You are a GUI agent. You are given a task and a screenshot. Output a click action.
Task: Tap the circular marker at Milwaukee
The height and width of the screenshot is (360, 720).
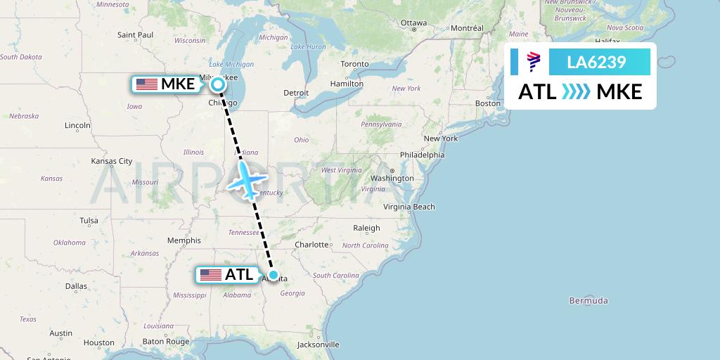218,85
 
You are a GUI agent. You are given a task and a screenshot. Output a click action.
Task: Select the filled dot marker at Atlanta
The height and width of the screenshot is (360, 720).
273,276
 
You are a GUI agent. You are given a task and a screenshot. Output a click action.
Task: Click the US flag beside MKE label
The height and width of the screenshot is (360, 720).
147,84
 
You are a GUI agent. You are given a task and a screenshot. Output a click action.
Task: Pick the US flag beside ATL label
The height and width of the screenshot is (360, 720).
210,275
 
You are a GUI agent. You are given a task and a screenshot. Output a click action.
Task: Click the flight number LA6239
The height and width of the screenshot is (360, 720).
596,63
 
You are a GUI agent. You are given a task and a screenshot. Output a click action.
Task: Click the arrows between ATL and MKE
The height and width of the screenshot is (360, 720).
577,92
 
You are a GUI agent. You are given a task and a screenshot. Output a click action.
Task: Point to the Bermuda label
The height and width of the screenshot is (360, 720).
589,301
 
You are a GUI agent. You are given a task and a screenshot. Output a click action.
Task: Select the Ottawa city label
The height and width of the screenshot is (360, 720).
413,22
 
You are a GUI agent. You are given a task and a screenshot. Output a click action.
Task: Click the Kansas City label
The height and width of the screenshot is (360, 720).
112,161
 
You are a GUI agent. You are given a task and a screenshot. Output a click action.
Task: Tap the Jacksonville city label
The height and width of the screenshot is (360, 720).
318,345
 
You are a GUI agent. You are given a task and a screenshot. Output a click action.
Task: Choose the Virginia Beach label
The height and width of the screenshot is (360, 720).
409,207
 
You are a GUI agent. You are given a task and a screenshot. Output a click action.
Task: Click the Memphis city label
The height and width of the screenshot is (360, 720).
184,240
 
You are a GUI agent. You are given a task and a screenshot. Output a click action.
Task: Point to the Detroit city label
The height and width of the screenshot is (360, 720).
296,93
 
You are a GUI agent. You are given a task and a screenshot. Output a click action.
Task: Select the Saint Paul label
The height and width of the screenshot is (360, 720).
136,34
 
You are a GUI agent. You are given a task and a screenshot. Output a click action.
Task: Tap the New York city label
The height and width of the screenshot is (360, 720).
441,139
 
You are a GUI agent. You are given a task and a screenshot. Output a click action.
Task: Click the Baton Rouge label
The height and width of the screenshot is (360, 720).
166,342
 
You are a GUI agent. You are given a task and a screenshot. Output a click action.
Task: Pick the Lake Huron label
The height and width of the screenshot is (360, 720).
307,47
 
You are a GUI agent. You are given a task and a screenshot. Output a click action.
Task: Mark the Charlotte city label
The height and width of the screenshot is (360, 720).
312,245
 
